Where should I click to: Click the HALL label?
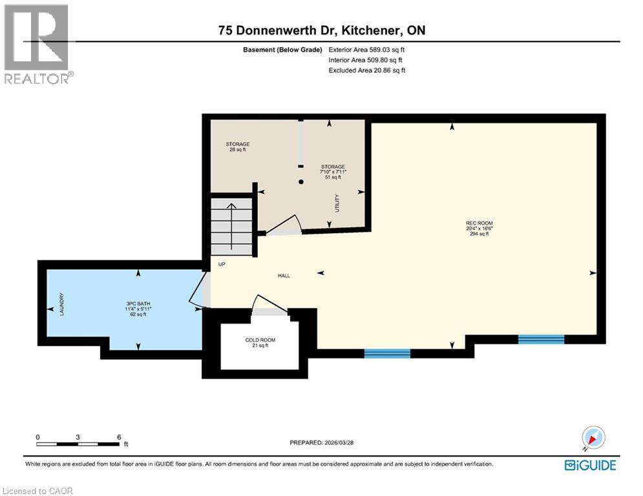click(x=284, y=276)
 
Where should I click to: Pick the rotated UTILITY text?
click(x=337, y=203)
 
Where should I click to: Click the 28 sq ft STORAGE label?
click(x=237, y=147)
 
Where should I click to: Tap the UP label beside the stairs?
click(x=221, y=263)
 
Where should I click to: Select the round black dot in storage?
click(x=301, y=182)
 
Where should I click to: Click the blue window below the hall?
click(x=387, y=353)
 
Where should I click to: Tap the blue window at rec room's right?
click(x=541, y=339)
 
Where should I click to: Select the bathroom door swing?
click(x=198, y=291)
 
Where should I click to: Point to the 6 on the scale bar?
click(x=119, y=437)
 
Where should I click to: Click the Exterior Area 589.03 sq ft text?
click(x=367, y=50)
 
